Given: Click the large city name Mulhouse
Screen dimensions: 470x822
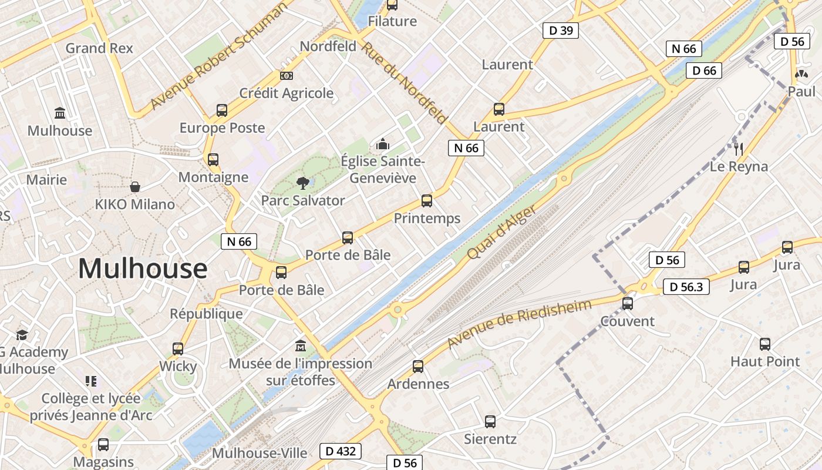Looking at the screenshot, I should point(143,269).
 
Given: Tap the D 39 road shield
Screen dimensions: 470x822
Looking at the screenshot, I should point(560,31).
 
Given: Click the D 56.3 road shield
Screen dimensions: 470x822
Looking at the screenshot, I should point(686,287).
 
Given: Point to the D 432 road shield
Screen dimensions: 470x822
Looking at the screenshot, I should point(341,451).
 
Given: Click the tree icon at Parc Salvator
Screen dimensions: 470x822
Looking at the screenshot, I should point(302,183).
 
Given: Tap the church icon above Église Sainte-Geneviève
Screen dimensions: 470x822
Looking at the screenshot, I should point(383,143).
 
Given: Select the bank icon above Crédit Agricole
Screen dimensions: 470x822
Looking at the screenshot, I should point(287,76).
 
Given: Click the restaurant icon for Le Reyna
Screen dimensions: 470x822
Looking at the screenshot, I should point(739,149).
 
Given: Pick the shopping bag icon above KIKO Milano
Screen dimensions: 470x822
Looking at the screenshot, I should point(135,187).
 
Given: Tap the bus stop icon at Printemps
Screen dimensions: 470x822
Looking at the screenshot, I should point(427,201).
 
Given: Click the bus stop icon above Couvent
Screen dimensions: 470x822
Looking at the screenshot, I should point(628,304).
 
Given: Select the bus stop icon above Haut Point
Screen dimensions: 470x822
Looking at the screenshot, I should point(765,344).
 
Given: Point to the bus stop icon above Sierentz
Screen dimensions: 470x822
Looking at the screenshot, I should point(490,421).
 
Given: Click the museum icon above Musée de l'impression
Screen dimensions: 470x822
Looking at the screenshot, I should point(301,345).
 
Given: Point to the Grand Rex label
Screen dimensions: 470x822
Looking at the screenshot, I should point(99,48).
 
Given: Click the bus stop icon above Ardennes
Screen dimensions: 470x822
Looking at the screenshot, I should point(418,367).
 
